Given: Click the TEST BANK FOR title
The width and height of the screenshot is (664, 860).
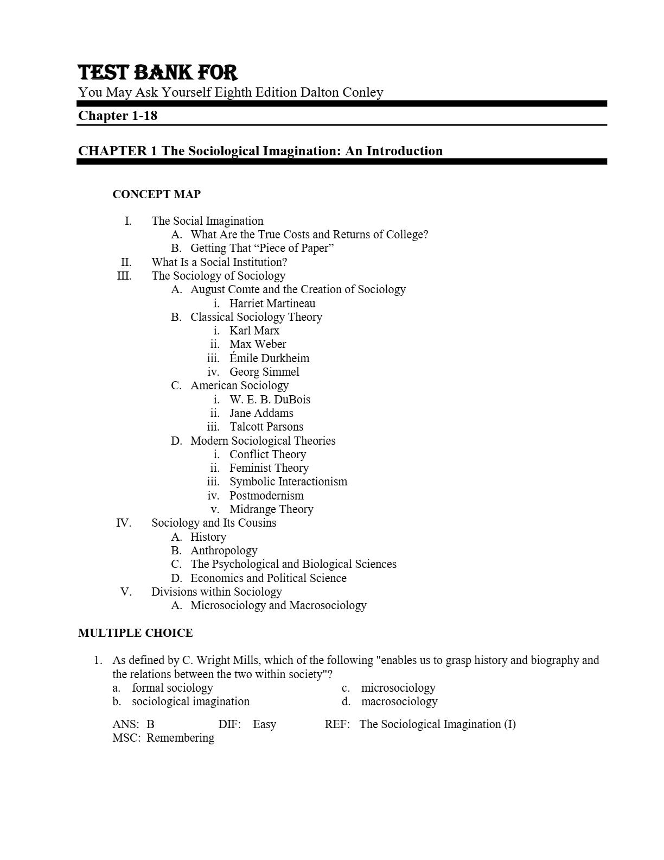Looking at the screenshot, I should pyautogui.click(x=158, y=73).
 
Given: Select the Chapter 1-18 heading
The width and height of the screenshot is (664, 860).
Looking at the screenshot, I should pyautogui.click(x=118, y=116).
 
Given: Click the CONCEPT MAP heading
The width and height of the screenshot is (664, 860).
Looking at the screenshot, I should pyautogui.click(x=156, y=194).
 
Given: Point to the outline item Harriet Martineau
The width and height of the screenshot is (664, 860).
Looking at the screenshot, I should pyautogui.click(x=272, y=303).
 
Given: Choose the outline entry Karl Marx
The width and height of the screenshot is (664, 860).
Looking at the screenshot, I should pyautogui.click(x=254, y=331).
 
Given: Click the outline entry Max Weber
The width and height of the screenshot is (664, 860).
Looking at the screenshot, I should pyautogui.click(x=258, y=344).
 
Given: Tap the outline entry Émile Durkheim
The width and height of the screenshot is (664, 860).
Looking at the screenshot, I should pyautogui.click(x=269, y=358).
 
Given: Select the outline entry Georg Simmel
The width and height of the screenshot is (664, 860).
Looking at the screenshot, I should pyautogui.click(x=264, y=372).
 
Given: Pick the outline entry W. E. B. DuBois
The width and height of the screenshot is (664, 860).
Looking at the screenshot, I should pyautogui.click(x=270, y=400).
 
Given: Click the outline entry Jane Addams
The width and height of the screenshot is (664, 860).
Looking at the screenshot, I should pyautogui.click(x=261, y=413).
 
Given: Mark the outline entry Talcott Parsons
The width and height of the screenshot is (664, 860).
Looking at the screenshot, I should pyautogui.click(x=266, y=427).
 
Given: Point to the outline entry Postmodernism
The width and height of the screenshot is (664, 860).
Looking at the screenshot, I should pyautogui.click(x=266, y=496).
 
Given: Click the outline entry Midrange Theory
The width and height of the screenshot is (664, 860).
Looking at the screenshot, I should pyautogui.click(x=271, y=509).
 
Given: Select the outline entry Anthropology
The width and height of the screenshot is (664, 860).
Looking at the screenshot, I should pyautogui.click(x=224, y=551).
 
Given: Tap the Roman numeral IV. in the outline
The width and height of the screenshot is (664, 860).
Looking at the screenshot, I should pyautogui.click(x=124, y=523).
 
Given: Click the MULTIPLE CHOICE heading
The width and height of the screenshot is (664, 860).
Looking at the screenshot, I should pyautogui.click(x=135, y=633).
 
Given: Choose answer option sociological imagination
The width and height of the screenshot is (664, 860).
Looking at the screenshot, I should pyautogui.click(x=190, y=701).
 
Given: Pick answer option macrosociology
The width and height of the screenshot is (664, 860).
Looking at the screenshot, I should pyautogui.click(x=399, y=701).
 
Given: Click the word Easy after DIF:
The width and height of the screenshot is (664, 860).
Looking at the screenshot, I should pyautogui.click(x=264, y=724).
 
